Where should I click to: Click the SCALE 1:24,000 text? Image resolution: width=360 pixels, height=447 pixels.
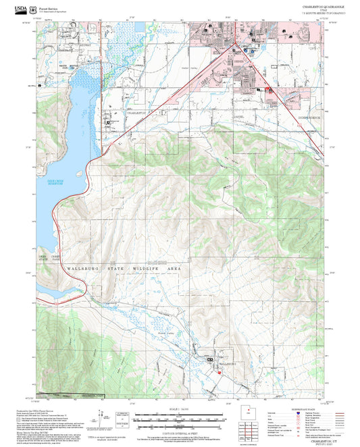coord(180,409)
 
